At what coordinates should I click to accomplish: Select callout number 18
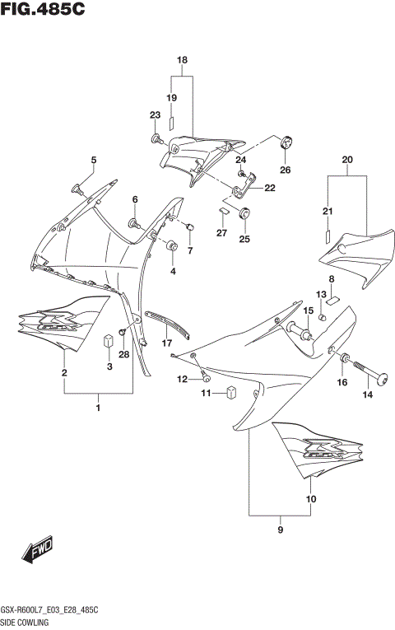[182, 60]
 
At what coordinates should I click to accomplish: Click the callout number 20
[346, 159]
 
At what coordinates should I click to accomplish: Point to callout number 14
[368, 395]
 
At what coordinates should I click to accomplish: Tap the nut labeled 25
[244, 216]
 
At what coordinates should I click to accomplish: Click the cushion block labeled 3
[107, 340]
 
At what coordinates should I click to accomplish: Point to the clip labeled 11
[232, 393]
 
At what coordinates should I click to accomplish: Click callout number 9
[281, 529]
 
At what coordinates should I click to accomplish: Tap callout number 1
[98, 408]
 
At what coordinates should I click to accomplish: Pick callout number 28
[124, 355]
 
